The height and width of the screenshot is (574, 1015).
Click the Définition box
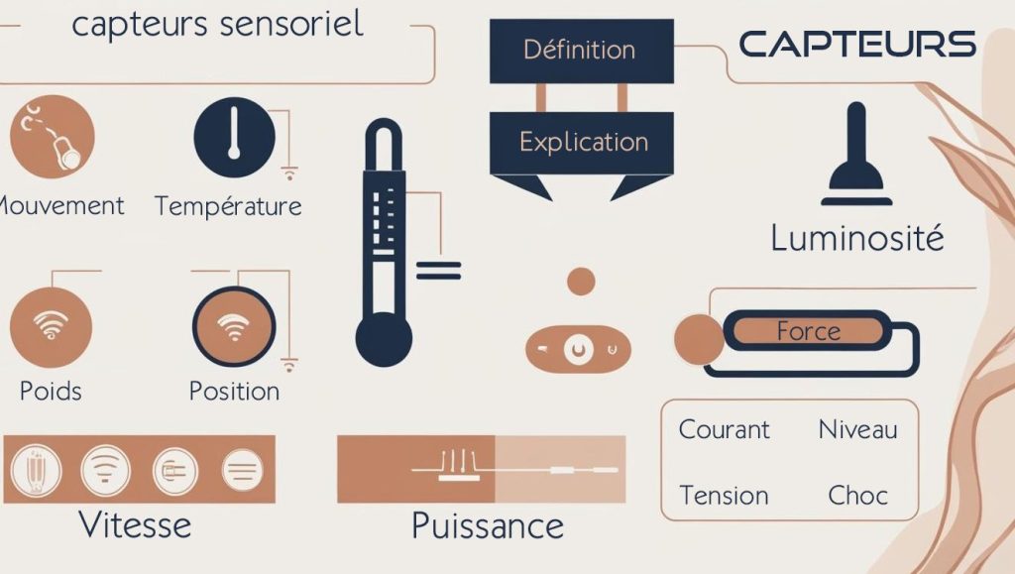click(x=581, y=52)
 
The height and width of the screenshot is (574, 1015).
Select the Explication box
click(x=581, y=143)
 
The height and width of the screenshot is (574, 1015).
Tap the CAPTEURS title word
click(x=857, y=44)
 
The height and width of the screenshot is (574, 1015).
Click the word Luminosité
click(x=857, y=238)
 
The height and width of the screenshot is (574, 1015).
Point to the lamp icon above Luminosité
click(x=856, y=154)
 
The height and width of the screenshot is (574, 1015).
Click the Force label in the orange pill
click(x=809, y=331)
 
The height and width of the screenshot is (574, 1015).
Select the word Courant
click(x=725, y=429)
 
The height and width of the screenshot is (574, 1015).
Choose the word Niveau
click(x=857, y=429)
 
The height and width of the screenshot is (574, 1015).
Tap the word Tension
click(x=724, y=496)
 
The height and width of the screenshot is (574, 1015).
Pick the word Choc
click(x=857, y=496)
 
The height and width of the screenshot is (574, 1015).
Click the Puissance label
click(x=488, y=525)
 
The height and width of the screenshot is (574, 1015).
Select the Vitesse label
click(x=135, y=524)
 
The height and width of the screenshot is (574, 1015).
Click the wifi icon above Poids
click(x=52, y=327)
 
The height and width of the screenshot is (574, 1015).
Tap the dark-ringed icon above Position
click(x=234, y=327)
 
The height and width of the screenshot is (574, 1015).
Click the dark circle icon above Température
click(x=234, y=137)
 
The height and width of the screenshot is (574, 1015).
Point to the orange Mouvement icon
click(x=53, y=137)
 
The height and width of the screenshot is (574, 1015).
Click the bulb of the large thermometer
click(x=384, y=339)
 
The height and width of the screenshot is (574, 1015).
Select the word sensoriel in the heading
click(x=291, y=24)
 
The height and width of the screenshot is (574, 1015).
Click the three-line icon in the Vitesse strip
click(x=242, y=470)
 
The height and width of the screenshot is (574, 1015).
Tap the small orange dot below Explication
click(x=581, y=282)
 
